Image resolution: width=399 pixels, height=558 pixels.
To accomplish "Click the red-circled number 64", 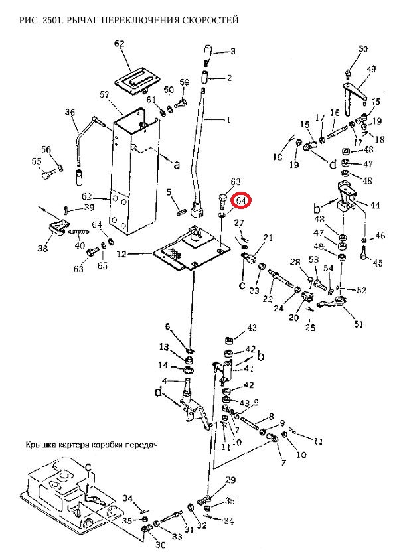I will click(241, 200).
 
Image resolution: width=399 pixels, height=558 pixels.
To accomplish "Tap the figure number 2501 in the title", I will click(45, 21).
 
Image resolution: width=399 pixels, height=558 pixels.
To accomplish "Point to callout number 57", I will click(104, 95).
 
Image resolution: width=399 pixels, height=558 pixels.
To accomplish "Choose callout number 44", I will click(375, 206).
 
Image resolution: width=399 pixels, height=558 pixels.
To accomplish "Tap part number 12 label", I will click(121, 254).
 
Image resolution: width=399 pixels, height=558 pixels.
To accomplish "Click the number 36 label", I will click(70, 113).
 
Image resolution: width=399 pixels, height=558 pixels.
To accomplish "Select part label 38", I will click(43, 249).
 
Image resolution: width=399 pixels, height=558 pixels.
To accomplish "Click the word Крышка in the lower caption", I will click(43, 444).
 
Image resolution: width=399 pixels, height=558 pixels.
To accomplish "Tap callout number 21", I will click(268, 237).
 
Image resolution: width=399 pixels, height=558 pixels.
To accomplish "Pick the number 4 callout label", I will click(168, 380).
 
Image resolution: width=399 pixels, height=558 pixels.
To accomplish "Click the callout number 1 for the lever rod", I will click(229, 120).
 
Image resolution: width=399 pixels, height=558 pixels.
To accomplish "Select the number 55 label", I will click(36, 161).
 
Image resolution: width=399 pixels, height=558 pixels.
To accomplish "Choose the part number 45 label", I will click(378, 263).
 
